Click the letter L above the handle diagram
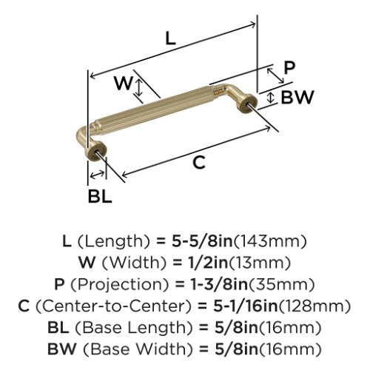click(170, 38)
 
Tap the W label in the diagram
click(124, 83)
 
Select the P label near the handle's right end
click(289, 67)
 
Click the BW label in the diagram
click(297, 97)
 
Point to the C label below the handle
click(199, 163)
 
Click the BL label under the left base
click(100, 197)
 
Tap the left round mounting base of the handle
click(96, 151)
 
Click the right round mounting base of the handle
click(248, 103)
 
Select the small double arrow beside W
click(139, 87)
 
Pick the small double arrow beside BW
click(271, 98)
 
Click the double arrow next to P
click(275, 75)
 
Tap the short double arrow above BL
click(97, 175)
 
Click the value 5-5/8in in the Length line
click(202, 241)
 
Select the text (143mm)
click(270, 241)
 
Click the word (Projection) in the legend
click(120, 284)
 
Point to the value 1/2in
click(206, 263)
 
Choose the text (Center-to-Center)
click(114, 306)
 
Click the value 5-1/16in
click(246, 306)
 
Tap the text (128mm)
click(314, 306)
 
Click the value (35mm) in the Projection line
click(281, 284)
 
